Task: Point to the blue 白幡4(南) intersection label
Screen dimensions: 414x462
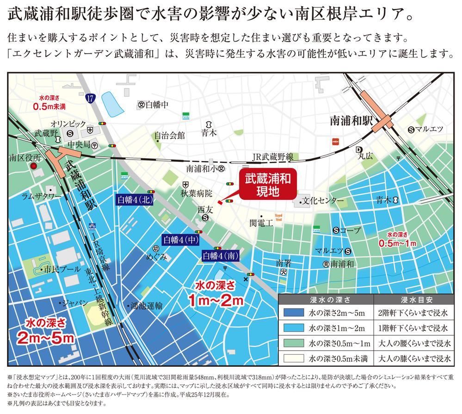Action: (220, 255)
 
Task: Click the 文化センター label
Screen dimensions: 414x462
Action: (323, 201)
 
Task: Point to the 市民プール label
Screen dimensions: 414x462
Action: (55, 269)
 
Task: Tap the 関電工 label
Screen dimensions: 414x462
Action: (262, 223)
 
